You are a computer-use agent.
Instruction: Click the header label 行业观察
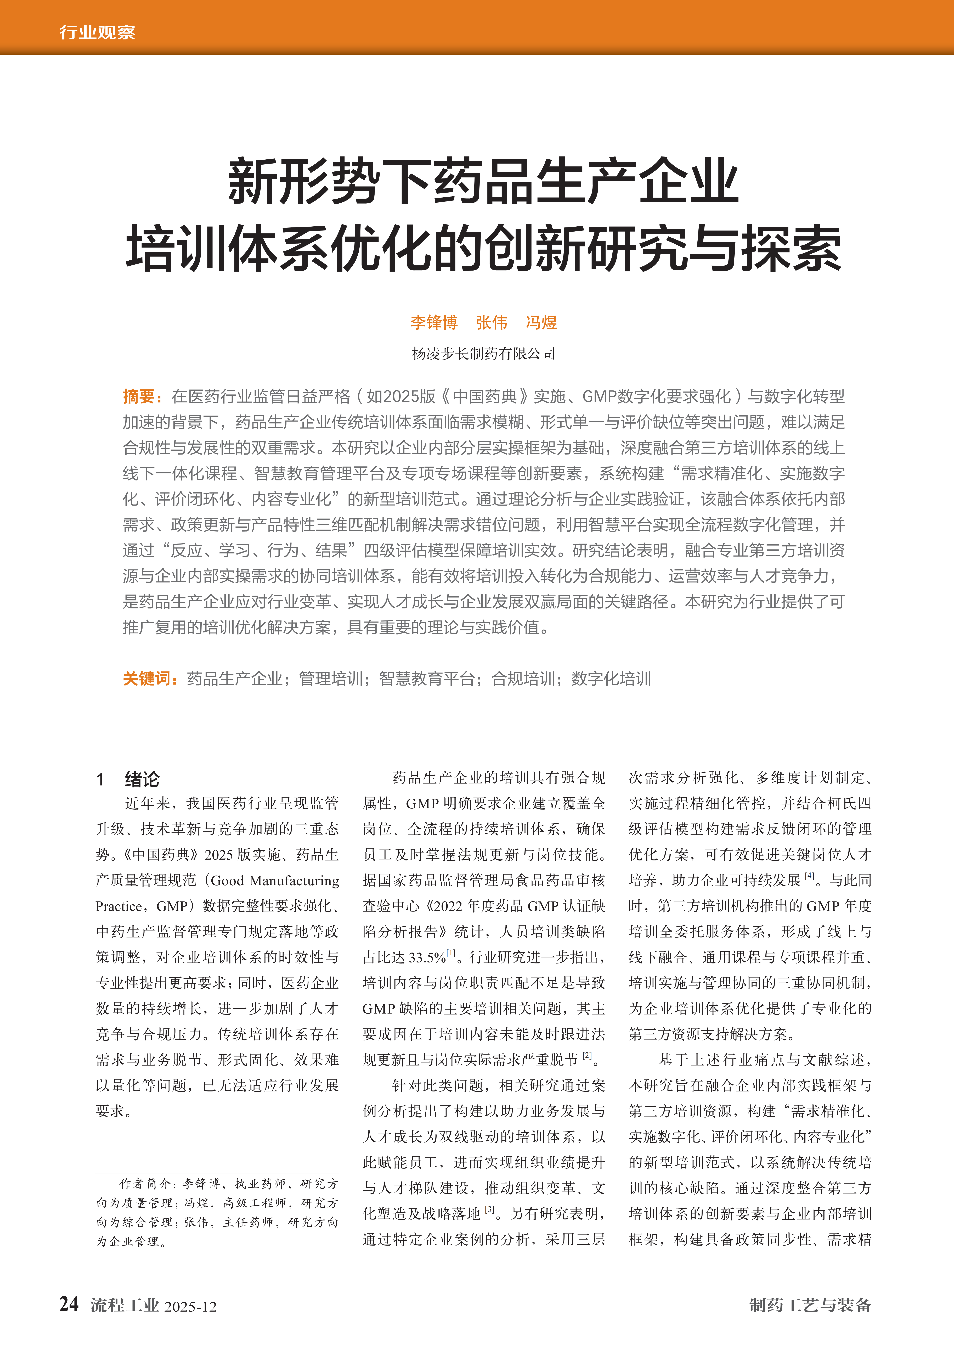click(x=97, y=32)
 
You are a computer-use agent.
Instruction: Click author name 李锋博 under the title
click(x=434, y=322)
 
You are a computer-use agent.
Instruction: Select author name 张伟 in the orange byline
click(x=491, y=322)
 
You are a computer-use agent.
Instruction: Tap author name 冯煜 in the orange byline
click(x=541, y=322)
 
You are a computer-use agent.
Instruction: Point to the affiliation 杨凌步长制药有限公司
click(x=483, y=353)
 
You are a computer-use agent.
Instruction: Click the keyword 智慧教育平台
click(x=427, y=679)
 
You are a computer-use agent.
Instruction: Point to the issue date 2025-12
click(x=190, y=1307)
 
